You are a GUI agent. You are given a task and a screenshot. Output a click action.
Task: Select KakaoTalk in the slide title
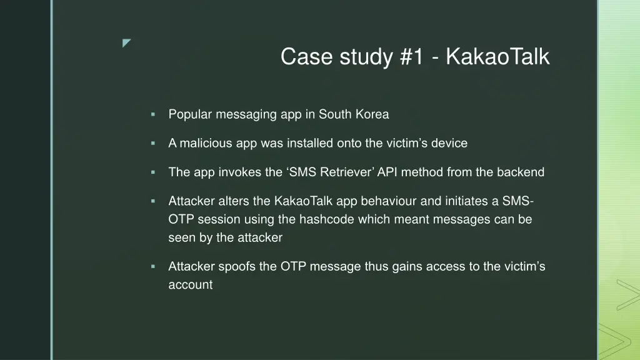point(498,57)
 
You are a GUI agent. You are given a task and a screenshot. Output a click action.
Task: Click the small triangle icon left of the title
point(127,43)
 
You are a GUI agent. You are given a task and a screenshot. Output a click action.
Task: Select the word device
point(449,143)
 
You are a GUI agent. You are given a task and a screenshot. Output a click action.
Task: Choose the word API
point(387,172)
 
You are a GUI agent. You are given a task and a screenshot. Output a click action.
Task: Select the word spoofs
point(237,266)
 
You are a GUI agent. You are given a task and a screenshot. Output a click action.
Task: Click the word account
point(190,285)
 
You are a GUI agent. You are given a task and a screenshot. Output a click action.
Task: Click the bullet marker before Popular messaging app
point(152,114)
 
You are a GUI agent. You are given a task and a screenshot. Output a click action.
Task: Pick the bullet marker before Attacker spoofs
point(152,266)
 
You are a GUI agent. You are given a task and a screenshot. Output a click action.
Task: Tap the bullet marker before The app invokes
point(152,172)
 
